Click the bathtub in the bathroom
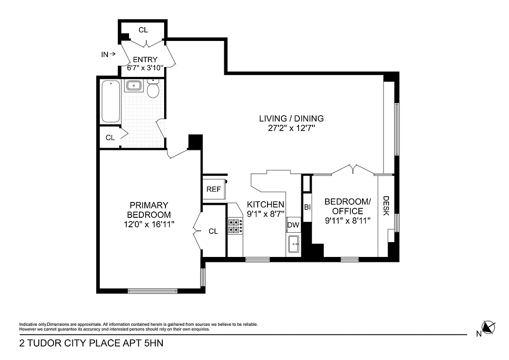pos(111,102)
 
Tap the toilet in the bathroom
pos(153,90)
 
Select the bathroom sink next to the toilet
pos(133,85)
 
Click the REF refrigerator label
pos(214,189)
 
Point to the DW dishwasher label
pos(293,225)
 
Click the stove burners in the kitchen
pos(235,226)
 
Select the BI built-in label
pos(308,207)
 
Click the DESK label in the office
pos(386,205)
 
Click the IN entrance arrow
pos(108,54)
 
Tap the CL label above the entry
pos(143,30)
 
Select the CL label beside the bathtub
pos(110,138)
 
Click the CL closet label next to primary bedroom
pos(213,231)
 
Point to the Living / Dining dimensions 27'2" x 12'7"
pos(291,128)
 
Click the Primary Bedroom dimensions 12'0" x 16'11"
pos(149,223)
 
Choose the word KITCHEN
pos(266,204)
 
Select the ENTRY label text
pos(145,59)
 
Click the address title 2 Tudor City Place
pos(91,344)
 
